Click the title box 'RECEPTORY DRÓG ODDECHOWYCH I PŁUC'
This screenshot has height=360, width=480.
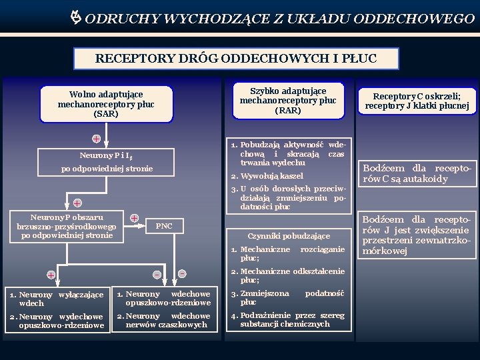click(x=237, y=59)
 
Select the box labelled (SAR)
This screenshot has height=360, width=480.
click(x=106, y=104)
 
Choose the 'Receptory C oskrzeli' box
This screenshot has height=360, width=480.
click(x=417, y=101)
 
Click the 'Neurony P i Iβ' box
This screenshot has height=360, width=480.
click(x=106, y=155)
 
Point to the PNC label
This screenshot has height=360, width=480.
click(x=164, y=226)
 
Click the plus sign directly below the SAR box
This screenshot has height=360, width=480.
click(x=97, y=139)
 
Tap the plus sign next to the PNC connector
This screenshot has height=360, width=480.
click(x=135, y=218)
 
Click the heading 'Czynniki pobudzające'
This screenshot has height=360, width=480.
click(x=289, y=236)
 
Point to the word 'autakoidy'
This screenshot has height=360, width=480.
click(x=424, y=179)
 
